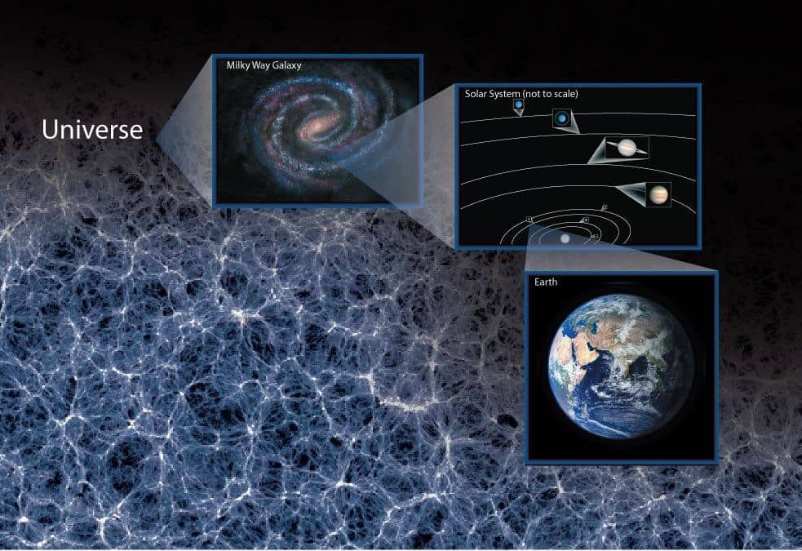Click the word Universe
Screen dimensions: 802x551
(92, 130)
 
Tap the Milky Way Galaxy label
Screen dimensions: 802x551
(264, 65)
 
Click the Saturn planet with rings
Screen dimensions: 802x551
(627, 148)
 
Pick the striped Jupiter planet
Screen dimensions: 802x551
(658, 194)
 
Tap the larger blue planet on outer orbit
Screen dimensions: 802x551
(562, 118)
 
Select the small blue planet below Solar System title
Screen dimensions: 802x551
(519, 104)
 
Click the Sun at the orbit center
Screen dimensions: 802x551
(565, 238)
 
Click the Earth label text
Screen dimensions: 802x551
(546, 282)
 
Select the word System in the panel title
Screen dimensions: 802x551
(506, 94)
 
